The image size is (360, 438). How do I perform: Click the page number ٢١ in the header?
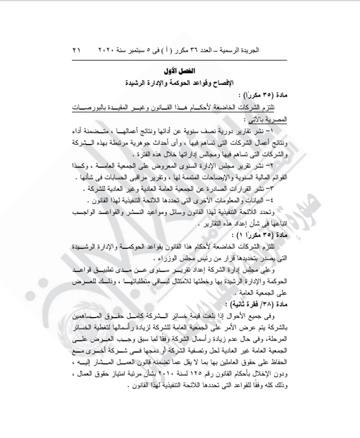point(76,50)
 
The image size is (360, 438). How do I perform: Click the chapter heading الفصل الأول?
point(179,71)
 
